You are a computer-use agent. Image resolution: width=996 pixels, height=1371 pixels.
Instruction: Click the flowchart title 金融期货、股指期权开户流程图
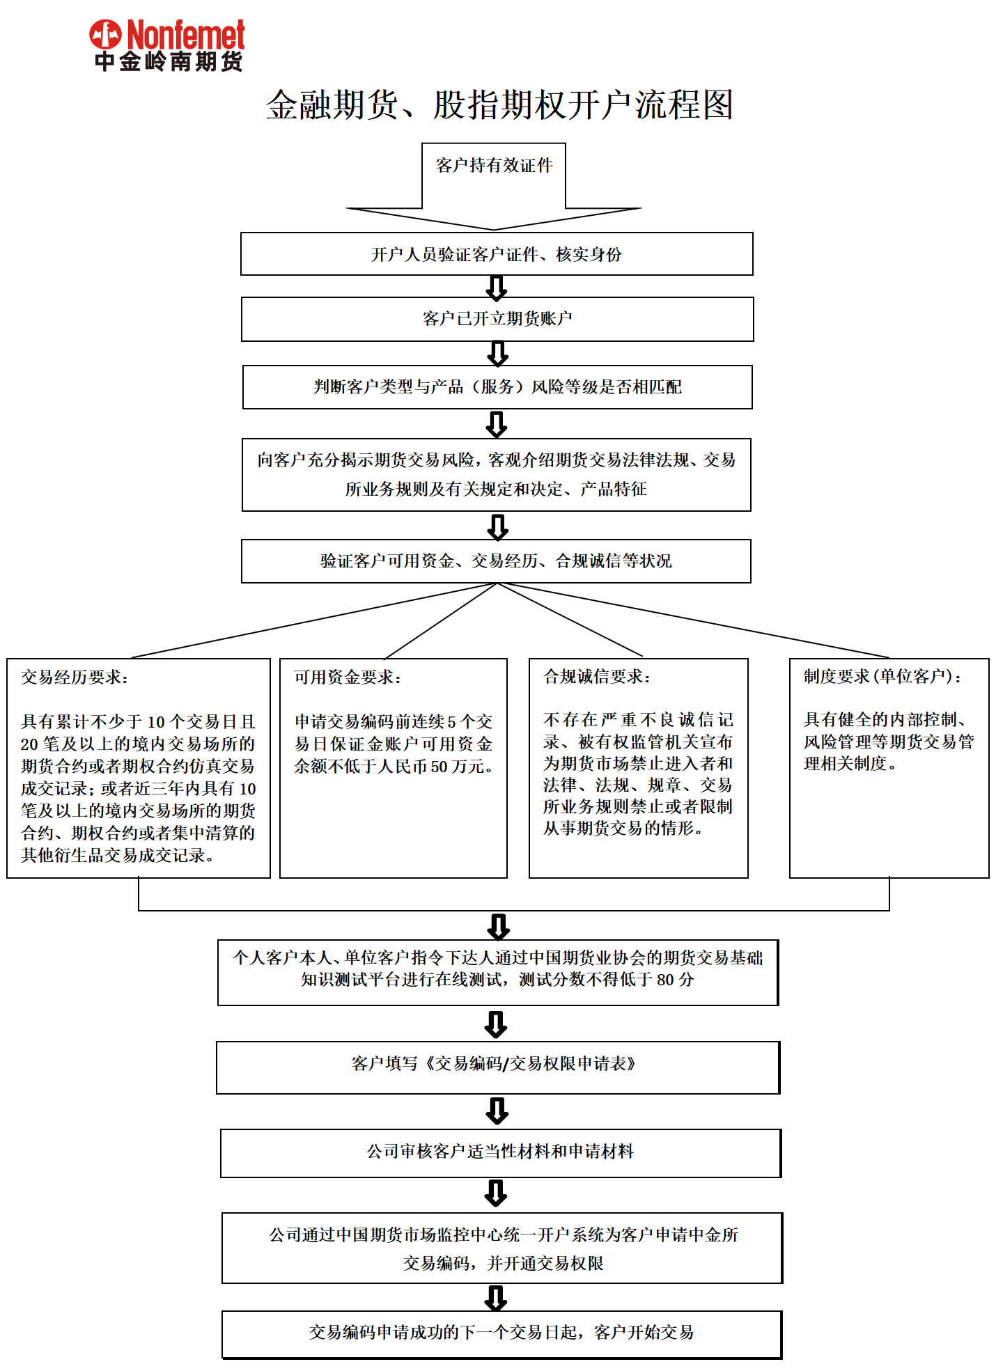pyautogui.click(x=499, y=105)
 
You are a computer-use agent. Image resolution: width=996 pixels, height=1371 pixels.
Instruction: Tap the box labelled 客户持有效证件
pyautogui.click(x=494, y=166)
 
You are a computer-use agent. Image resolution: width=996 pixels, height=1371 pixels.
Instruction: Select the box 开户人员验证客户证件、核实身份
pyautogui.click(x=497, y=254)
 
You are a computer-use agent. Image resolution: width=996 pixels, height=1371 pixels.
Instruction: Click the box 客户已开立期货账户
pyautogui.click(x=497, y=319)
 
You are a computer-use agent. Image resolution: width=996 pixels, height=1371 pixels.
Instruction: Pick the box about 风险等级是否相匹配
pyautogui.click(x=497, y=387)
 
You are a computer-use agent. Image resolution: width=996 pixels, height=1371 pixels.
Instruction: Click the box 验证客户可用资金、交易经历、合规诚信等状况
pyautogui.click(x=496, y=561)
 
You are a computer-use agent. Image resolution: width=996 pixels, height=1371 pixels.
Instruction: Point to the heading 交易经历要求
pyautogui.click(x=74, y=677)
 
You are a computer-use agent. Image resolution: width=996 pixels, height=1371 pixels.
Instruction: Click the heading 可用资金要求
pyautogui.click(x=347, y=677)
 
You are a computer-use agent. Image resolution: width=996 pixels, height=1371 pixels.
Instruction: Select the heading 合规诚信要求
pyautogui.click(x=597, y=676)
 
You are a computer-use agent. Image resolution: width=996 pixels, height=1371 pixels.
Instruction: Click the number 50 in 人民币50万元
pyautogui.click(x=439, y=767)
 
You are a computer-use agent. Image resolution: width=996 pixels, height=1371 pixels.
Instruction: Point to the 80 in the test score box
pyautogui.click(x=665, y=980)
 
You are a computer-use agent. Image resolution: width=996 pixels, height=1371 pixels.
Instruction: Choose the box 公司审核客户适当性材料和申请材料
pyautogui.click(x=500, y=1152)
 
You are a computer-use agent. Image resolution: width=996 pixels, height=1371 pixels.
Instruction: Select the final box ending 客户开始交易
pyautogui.click(x=501, y=1333)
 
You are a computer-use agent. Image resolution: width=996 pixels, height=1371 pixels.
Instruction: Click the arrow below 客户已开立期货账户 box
pyautogui.click(x=497, y=353)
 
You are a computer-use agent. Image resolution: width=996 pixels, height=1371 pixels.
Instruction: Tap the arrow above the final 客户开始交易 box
pyautogui.click(x=496, y=1297)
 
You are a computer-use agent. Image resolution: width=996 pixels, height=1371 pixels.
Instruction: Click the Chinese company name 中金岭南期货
pyautogui.click(x=169, y=61)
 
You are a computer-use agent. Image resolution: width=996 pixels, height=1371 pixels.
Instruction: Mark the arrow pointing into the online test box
pyautogui.click(x=499, y=926)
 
